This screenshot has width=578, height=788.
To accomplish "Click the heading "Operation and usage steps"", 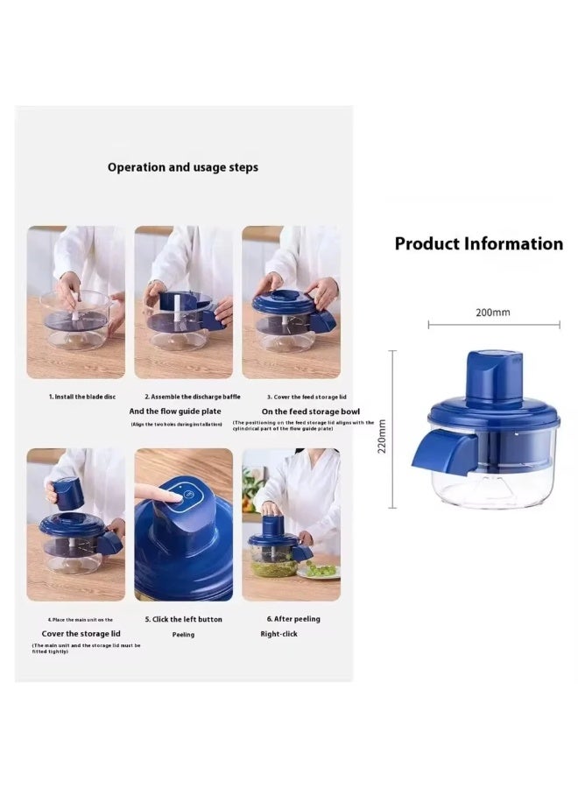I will point(183,166).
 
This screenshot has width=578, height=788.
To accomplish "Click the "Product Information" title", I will point(478,244).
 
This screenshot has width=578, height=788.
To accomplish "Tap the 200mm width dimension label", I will point(492,312).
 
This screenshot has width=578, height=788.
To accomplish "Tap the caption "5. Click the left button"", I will point(183,619).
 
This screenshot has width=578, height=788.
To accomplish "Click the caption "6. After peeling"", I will point(293,619).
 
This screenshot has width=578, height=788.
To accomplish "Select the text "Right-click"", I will point(278,634).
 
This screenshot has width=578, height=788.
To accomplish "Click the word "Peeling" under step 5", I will point(182,635).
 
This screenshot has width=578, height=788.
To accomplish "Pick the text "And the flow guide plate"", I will point(175,411).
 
